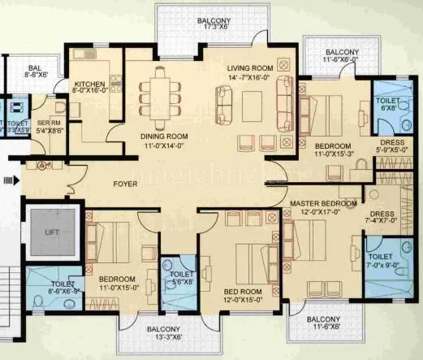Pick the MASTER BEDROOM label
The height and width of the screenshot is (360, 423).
(x=323, y=202)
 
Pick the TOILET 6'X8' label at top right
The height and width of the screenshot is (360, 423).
(x=388, y=103)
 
